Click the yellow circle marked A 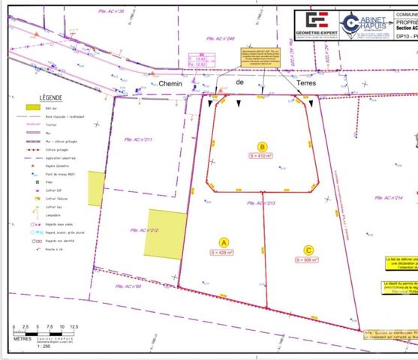[x=223, y=241]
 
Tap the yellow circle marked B [x=262, y=147]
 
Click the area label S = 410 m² [x=262, y=156]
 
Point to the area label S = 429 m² [x=223, y=253]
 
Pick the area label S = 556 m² [x=307, y=260]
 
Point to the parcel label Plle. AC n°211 [x=138, y=139]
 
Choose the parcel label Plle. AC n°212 [x=144, y=230]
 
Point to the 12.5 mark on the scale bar [x=74, y=327]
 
